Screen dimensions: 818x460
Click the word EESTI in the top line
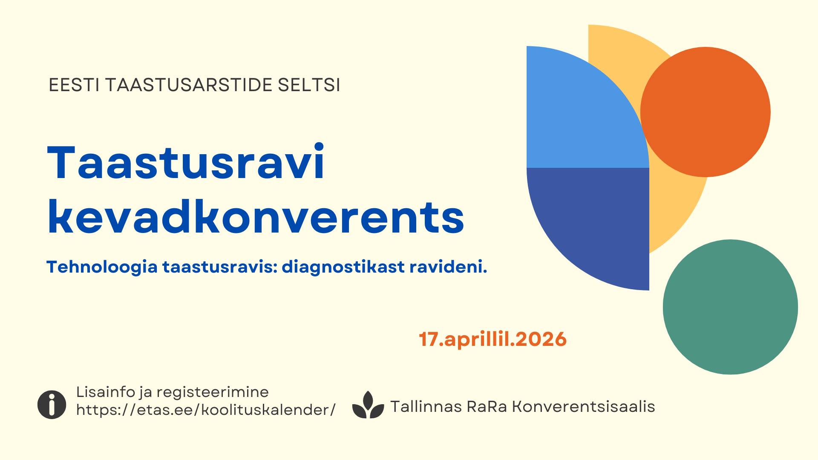74,85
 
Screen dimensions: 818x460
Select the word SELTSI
309,85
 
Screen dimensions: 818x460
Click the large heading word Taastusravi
186,162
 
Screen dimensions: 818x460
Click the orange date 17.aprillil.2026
493,339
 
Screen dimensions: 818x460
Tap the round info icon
52,405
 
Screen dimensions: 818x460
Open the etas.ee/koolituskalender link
206,410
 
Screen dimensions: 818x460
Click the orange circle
706,112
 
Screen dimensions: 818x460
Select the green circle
730,307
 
